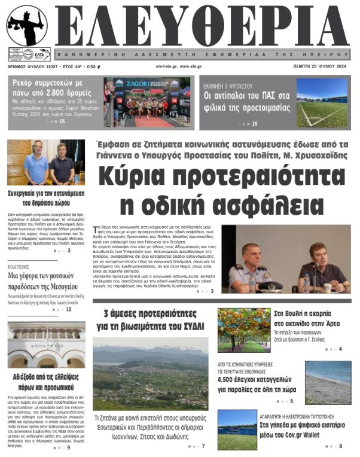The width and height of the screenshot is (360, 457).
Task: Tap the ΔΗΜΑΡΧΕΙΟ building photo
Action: click(46, 345)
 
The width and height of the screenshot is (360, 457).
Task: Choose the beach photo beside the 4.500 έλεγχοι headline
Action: click(328, 383)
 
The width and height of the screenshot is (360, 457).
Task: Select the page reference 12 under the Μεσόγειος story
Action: click(69, 309)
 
